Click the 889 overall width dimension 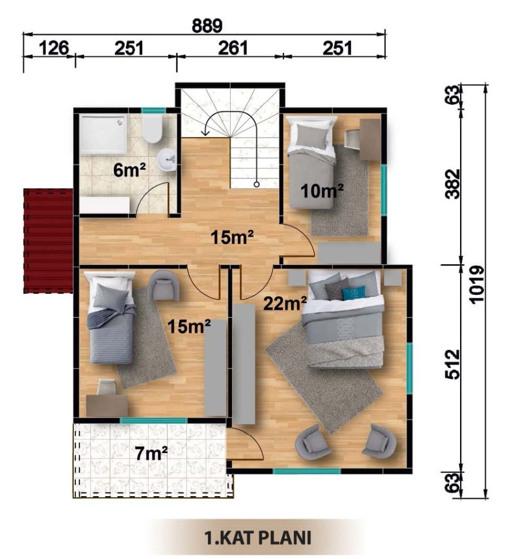207,26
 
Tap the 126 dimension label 54,48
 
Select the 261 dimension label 233,48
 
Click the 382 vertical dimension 454,184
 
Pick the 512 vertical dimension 454,364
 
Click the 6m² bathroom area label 130,170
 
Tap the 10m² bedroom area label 322,191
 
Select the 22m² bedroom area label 285,304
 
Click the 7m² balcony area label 151,454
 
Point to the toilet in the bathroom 152,128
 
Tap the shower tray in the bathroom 103,134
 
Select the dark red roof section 48,241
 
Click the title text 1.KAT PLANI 257,538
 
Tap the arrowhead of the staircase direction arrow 205,133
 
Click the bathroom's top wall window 154,110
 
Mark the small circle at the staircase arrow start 256,185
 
